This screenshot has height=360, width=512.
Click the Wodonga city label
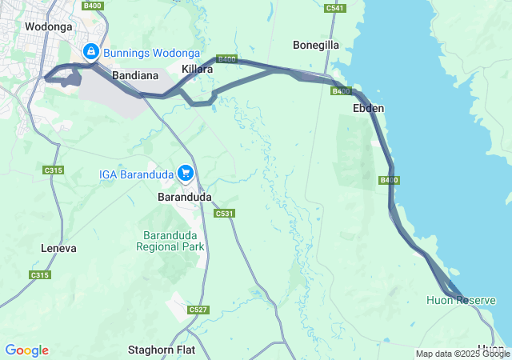pyautogui.click(x=49, y=26)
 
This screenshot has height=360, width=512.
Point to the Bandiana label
pyautogui.click(x=133, y=74)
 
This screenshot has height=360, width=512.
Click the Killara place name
pyautogui.click(x=198, y=70)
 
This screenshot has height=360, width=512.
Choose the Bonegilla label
pyautogui.click(x=317, y=45)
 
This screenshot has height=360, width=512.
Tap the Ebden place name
pyautogui.click(x=369, y=108)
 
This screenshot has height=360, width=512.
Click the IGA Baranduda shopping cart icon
pyautogui.click(x=186, y=173)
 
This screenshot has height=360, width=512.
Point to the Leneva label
pyautogui.click(x=58, y=249)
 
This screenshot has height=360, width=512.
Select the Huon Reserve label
pyautogui.click(x=461, y=300)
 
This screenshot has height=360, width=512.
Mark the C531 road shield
pyautogui.click(x=224, y=213)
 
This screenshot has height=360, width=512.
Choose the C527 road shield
pyautogui.click(x=198, y=310)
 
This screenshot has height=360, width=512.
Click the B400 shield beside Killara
pyautogui.click(x=226, y=59)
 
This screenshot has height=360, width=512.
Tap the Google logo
pyautogui.click(x=26, y=350)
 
